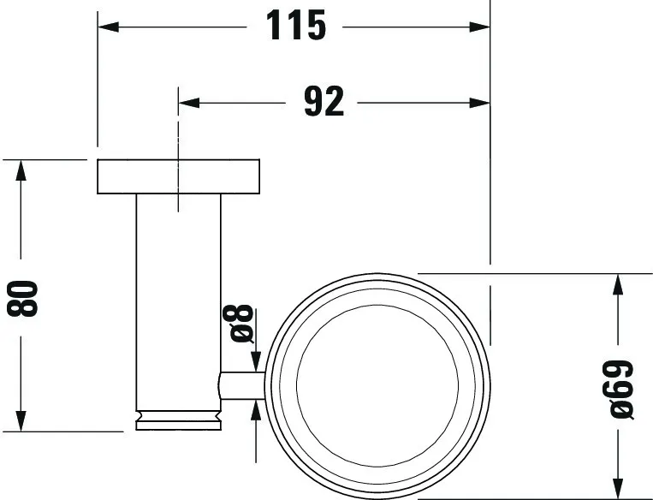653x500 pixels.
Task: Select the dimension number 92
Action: (324, 103)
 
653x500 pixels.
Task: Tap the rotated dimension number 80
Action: (25, 295)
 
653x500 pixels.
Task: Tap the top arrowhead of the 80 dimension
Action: (22, 170)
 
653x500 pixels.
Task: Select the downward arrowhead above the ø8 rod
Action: (254, 363)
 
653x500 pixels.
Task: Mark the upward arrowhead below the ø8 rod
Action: (254, 411)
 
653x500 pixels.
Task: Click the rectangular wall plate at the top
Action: (178, 176)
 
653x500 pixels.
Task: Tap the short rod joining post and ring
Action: (242, 386)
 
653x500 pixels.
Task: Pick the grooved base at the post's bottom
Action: (178, 420)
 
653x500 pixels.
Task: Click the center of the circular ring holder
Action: (377, 385)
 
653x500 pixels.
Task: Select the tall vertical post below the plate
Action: (178, 300)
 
